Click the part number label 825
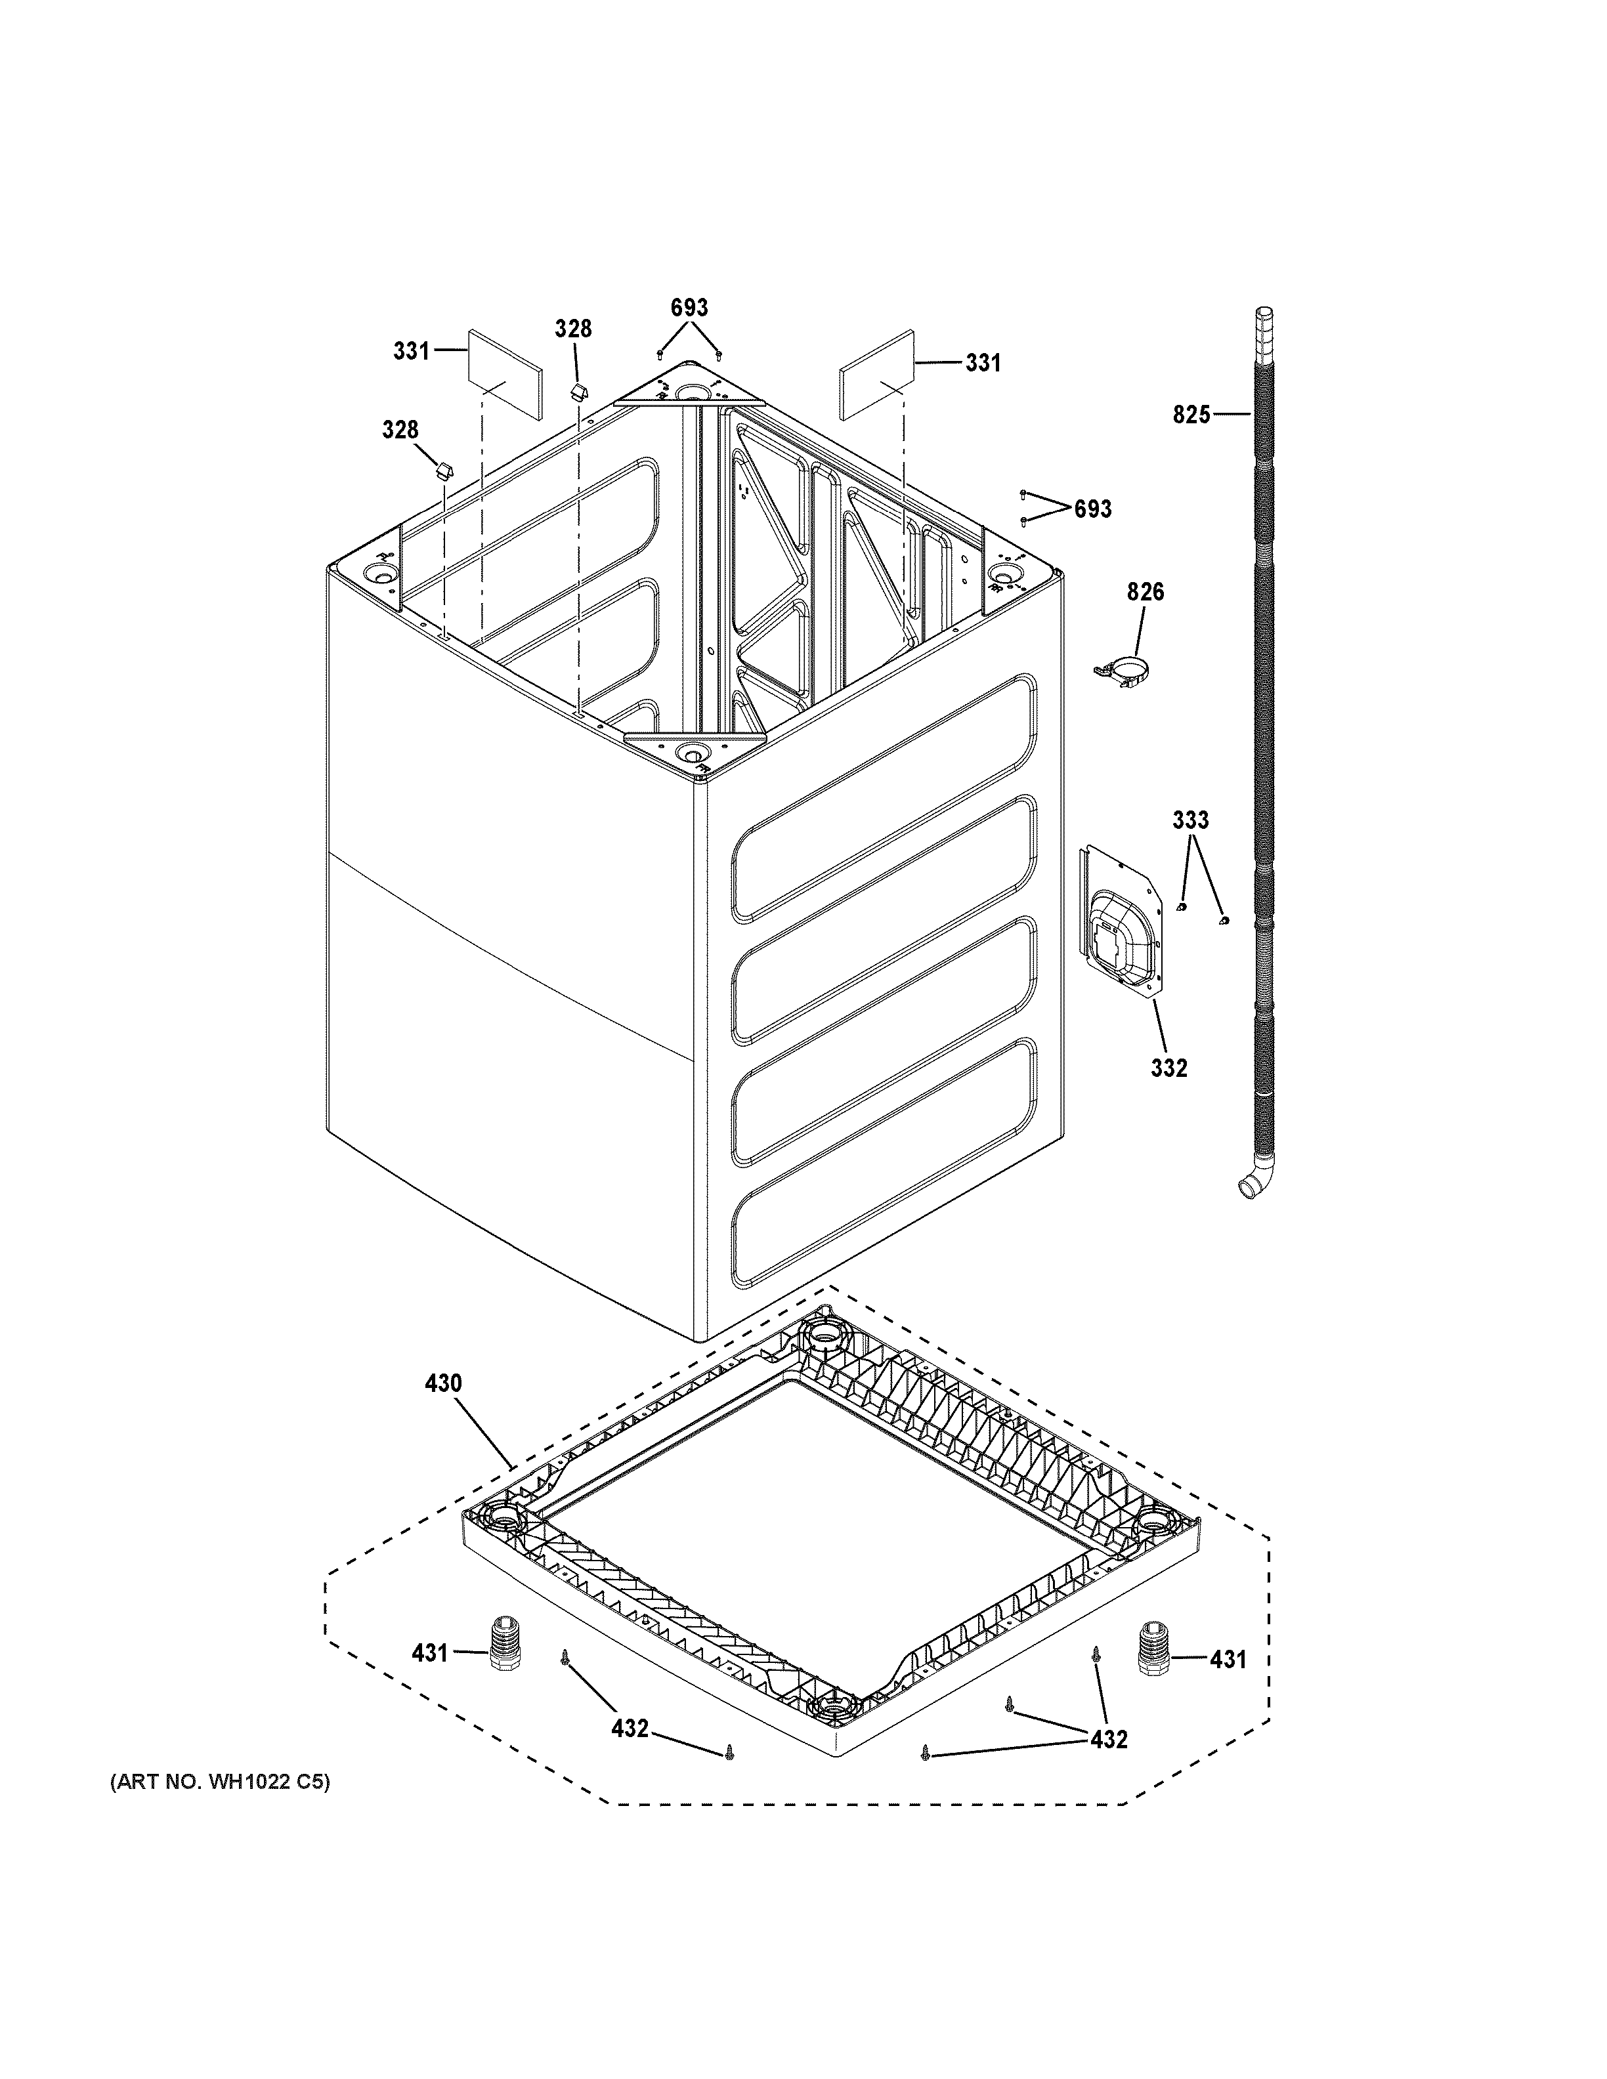[1191, 414]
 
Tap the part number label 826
[1146, 592]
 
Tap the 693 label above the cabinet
[689, 308]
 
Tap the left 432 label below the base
[630, 1728]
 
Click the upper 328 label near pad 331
[573, 328]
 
